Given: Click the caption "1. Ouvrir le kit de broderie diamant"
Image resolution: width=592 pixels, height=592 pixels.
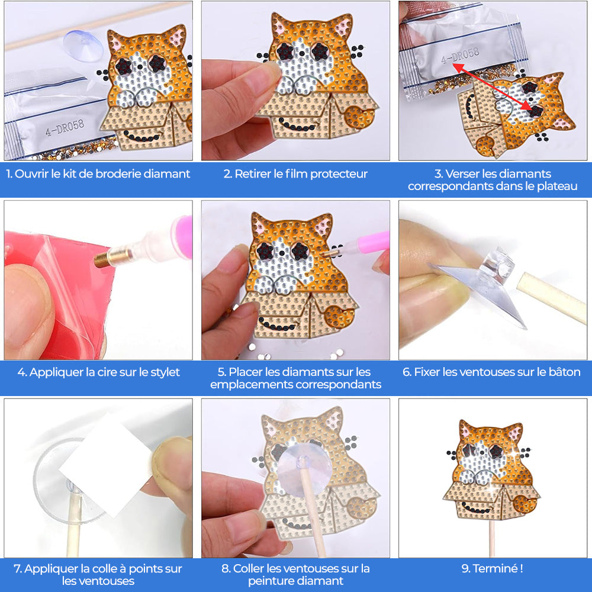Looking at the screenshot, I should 98,174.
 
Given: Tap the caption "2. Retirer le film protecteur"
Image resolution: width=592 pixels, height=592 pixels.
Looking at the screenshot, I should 295,174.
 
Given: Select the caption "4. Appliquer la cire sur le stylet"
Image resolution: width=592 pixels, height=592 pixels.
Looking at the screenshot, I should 98,372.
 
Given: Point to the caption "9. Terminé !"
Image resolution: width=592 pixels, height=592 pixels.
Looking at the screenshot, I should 492,569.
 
